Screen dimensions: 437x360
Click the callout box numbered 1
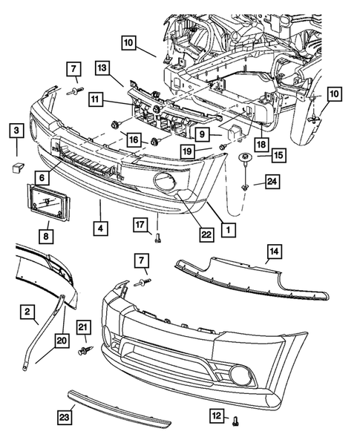(x=228, y=230)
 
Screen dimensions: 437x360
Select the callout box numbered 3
(x=15, y=132)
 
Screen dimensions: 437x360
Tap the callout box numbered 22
(x=206, y=234)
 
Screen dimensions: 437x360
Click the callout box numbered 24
(x=272, y=180)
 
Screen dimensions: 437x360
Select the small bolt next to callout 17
(x=157, y=238)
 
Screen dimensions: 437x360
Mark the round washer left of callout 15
(x=243, y=158)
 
